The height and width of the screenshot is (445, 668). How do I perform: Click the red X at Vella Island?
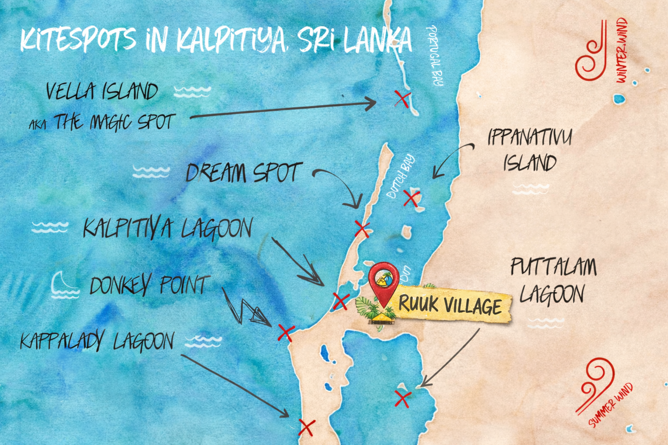[x=402, y=99]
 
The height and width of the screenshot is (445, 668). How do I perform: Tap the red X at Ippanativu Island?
[x=411, y=198]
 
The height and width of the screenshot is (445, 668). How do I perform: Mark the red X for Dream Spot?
[x=362, y=229]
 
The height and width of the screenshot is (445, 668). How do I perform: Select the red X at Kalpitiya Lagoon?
[x=341, y=301]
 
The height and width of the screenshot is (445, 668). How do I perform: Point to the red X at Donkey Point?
[x=286, y=333]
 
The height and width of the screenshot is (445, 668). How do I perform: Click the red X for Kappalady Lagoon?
[x=307, y=427]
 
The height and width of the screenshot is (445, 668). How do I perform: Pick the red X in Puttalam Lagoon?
[x=403, y=399]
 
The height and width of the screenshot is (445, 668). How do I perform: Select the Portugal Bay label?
[x=435, y=55]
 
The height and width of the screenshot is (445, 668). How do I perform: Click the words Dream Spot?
[x=244, y=173]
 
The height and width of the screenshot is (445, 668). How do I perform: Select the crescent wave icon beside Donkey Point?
[x=63, y=286]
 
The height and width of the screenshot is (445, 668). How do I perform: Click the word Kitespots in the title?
[x=78, y=40]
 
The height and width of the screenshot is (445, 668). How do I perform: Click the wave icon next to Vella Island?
[x=192, y=91]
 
